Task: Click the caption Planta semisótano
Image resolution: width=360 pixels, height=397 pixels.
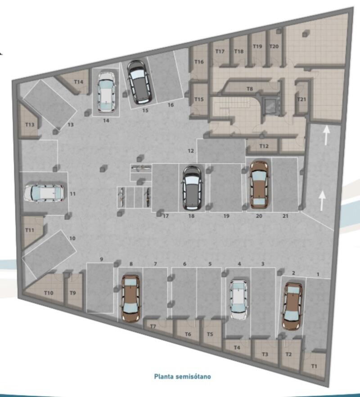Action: coord(182,376)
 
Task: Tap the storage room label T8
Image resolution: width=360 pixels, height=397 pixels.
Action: coord(250,89)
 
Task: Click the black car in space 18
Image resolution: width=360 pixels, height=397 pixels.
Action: coord(192,187)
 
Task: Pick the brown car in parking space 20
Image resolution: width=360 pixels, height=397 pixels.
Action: coord(259,184)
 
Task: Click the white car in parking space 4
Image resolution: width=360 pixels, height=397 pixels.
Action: coord(239,299)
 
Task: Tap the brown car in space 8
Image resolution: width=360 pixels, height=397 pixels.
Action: coord(130,298)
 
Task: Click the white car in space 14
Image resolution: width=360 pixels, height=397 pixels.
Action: coord(106,92)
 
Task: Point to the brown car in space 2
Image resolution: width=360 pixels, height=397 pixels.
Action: coord(292,306)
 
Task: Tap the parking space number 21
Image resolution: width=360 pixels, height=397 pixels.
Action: coord(285,217)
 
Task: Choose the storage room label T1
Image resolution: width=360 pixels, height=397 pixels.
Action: coord(314,366)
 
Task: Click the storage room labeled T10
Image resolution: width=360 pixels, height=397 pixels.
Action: coord(49,293)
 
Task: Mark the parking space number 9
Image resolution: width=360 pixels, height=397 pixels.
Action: coord(102,259)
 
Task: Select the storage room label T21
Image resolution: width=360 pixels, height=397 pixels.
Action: coord(301,99)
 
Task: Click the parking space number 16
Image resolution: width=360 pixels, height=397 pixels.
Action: coord(171,105)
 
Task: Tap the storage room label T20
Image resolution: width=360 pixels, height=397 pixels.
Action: coord(274,47)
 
